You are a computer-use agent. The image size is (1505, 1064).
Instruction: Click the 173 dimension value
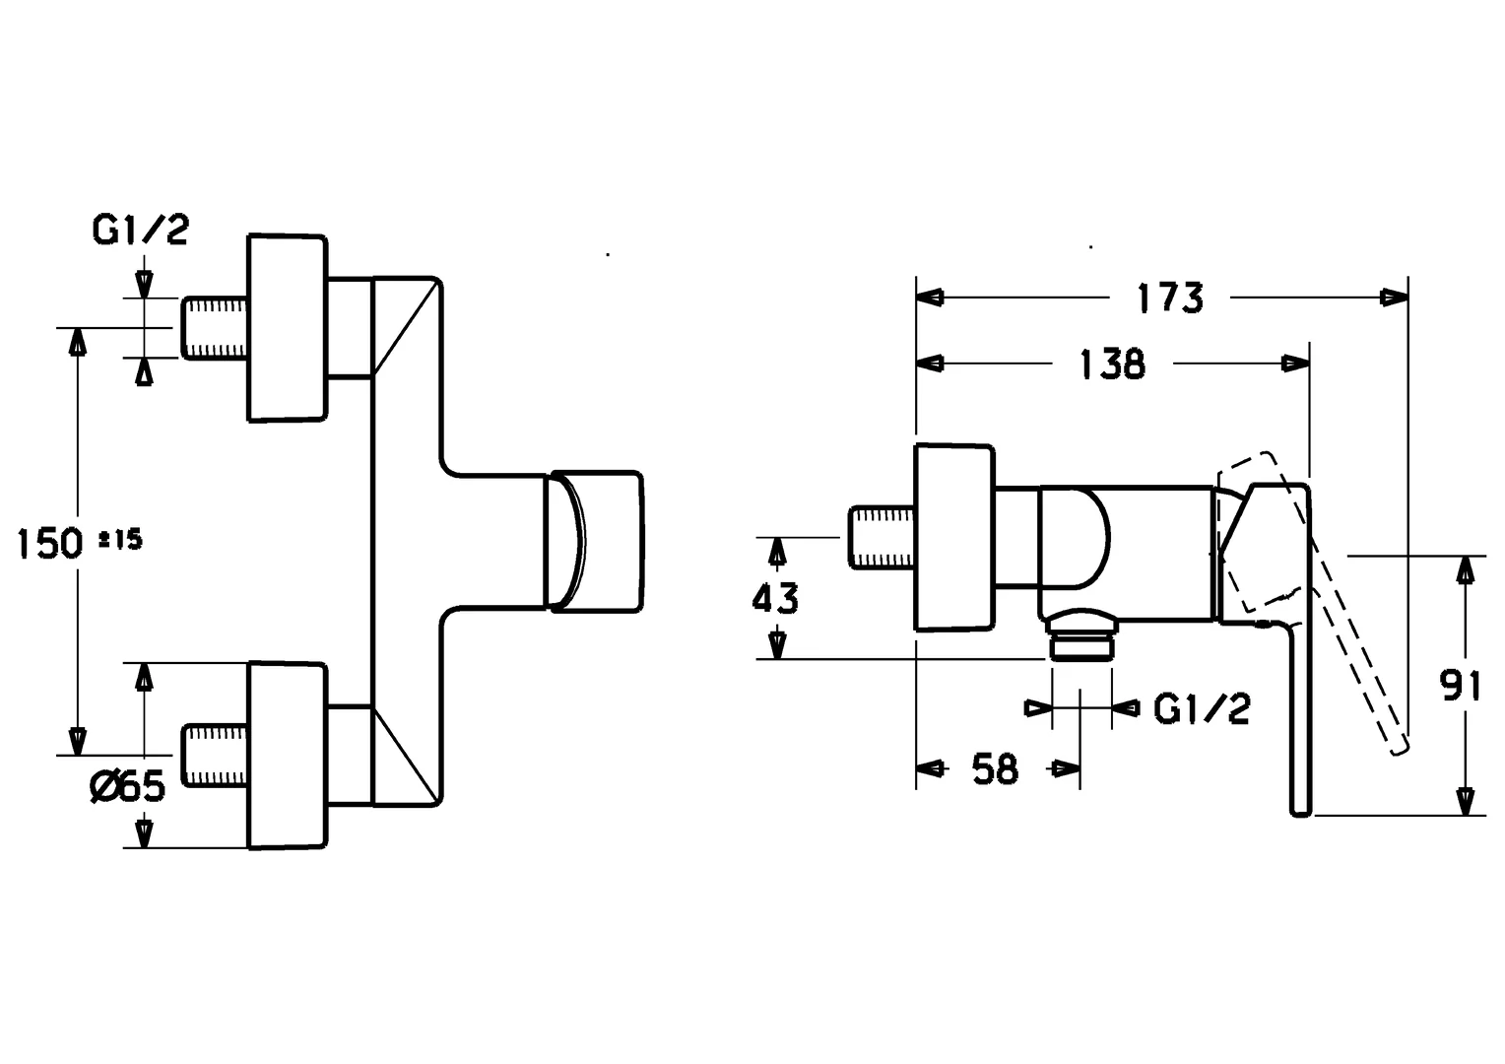1170,297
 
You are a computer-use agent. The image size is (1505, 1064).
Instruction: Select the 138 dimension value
1113,364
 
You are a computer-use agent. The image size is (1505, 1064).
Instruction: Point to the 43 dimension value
775,598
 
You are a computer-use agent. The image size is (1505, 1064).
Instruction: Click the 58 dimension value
995,768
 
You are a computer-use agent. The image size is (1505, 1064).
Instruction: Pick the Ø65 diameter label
127,786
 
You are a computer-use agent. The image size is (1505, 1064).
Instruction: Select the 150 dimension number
49,543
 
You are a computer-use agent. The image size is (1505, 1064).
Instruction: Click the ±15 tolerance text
121,539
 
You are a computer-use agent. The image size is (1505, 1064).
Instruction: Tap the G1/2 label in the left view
140,231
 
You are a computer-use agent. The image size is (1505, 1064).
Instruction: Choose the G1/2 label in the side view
1202,708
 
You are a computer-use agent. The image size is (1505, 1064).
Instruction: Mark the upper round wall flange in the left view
287,328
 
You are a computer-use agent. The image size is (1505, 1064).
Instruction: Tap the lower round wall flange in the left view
287,756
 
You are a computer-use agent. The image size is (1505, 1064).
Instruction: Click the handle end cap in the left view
596,541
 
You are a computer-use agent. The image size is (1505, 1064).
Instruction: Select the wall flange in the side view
954,538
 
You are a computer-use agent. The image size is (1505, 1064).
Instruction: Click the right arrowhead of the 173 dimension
1396,297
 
